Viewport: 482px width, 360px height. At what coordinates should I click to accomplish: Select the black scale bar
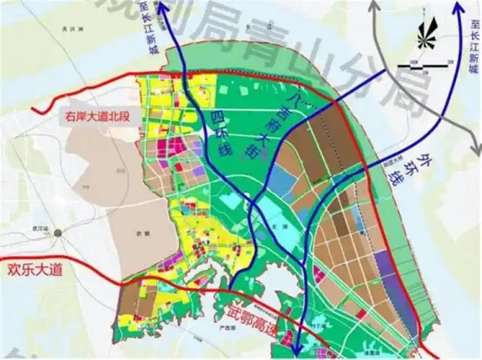click(421, 65)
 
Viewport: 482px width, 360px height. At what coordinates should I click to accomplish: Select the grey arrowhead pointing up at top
click(374, 8)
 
